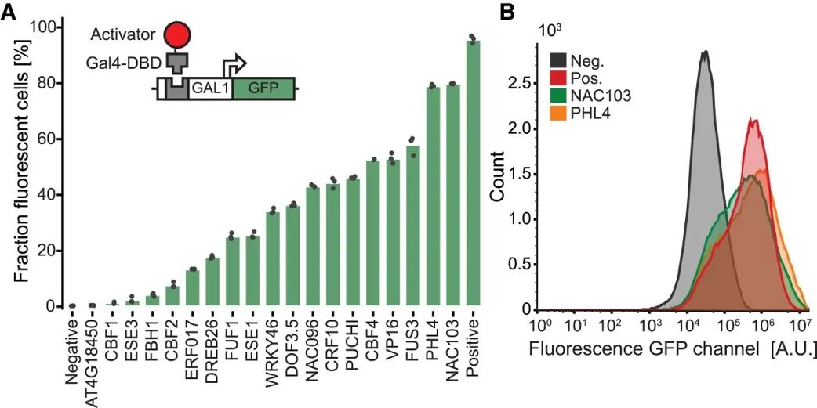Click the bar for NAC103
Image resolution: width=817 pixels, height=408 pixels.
pos(452,195)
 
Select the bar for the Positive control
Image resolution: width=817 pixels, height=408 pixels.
pos(473,173)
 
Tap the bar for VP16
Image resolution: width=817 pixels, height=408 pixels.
pos(393,233)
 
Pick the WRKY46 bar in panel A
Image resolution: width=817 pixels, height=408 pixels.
pos(273,259)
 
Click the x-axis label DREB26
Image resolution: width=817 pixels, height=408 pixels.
pos(212,345)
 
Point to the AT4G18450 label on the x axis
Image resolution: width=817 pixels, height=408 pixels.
pos(92,359)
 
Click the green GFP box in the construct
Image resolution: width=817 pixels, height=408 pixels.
pos(263,89)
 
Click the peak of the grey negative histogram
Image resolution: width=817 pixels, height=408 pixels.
pos(706,51)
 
